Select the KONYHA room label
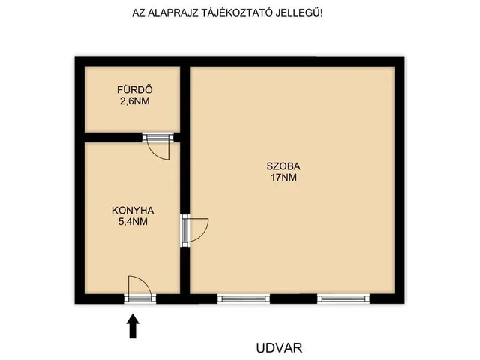(133, 211)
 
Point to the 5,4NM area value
(133, 221)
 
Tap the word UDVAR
(279, 348)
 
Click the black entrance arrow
(133, 325)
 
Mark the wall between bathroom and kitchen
(112, 138)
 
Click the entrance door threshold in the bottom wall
(140, 298)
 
